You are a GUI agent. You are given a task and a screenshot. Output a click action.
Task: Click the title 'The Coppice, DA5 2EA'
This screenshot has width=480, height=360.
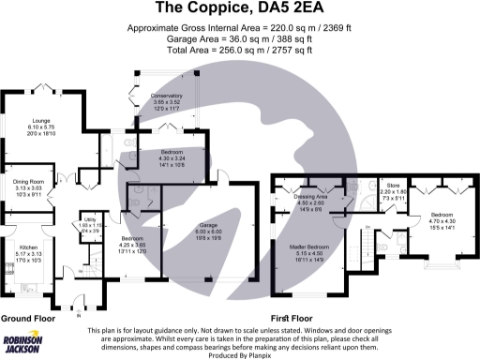239,9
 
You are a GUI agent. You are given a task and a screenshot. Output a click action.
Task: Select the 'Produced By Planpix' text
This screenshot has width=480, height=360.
240,355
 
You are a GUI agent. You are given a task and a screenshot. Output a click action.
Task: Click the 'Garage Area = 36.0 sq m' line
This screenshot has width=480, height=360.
239,39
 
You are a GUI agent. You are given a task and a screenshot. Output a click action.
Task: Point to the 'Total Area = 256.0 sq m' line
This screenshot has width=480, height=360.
239,50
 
